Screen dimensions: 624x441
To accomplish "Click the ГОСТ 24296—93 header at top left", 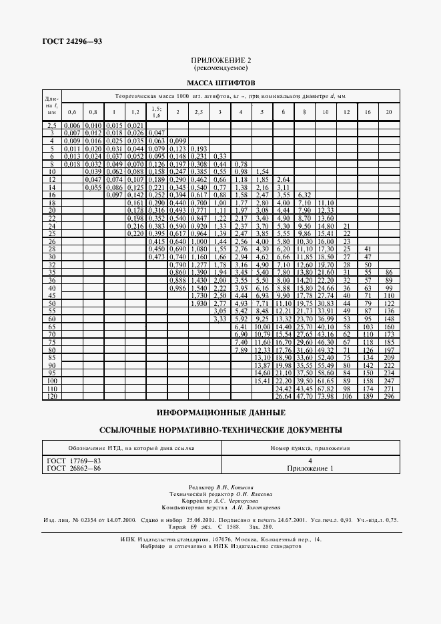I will [64, 42].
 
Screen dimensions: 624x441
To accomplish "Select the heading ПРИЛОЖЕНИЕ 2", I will [221, 60].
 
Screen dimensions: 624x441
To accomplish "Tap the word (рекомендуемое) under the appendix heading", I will [221, 68].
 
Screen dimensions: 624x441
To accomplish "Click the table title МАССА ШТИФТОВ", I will [221, 83].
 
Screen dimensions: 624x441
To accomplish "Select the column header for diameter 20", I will [388, 111].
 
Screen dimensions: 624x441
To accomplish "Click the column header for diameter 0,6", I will [71, 111].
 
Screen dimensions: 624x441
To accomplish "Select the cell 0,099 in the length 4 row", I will [177, 141].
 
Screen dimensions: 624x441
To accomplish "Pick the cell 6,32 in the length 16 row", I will [304, 194].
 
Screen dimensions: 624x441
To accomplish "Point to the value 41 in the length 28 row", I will [366, 248].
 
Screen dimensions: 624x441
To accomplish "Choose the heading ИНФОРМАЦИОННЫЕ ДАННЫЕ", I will [221, 412].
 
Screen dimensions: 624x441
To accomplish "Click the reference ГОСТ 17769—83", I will [73, 461].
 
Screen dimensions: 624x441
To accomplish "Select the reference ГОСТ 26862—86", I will [73, 469].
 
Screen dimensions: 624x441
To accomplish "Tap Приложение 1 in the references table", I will [310, 469].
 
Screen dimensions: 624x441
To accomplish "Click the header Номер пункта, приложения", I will [310, 447].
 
